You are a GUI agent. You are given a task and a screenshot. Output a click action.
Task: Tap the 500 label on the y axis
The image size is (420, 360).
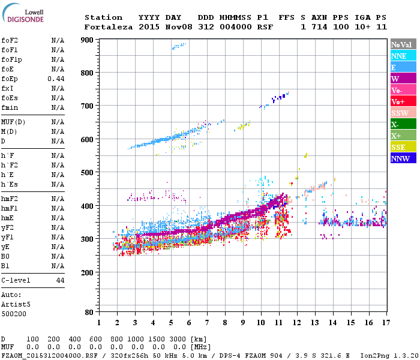pyautogui.click(x=88, y=173)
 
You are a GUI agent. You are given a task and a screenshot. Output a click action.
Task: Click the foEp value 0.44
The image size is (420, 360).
pyautogui.click(x=56, y=79)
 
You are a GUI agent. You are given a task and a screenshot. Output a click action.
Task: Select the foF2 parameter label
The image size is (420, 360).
pyautogui.click(x=8, y=40)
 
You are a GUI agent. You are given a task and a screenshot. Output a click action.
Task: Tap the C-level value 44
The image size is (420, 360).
pyautogui.click(x=60, y=280)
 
